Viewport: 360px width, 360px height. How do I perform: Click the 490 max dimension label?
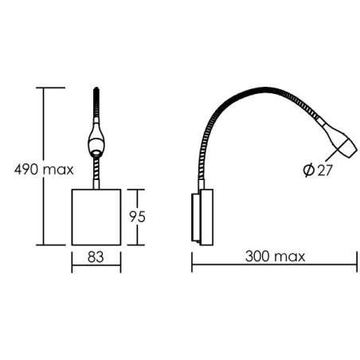click(39, 170)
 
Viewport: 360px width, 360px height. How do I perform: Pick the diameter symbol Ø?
click(307, 170)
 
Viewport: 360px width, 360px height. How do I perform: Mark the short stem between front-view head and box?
click(96, 171)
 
